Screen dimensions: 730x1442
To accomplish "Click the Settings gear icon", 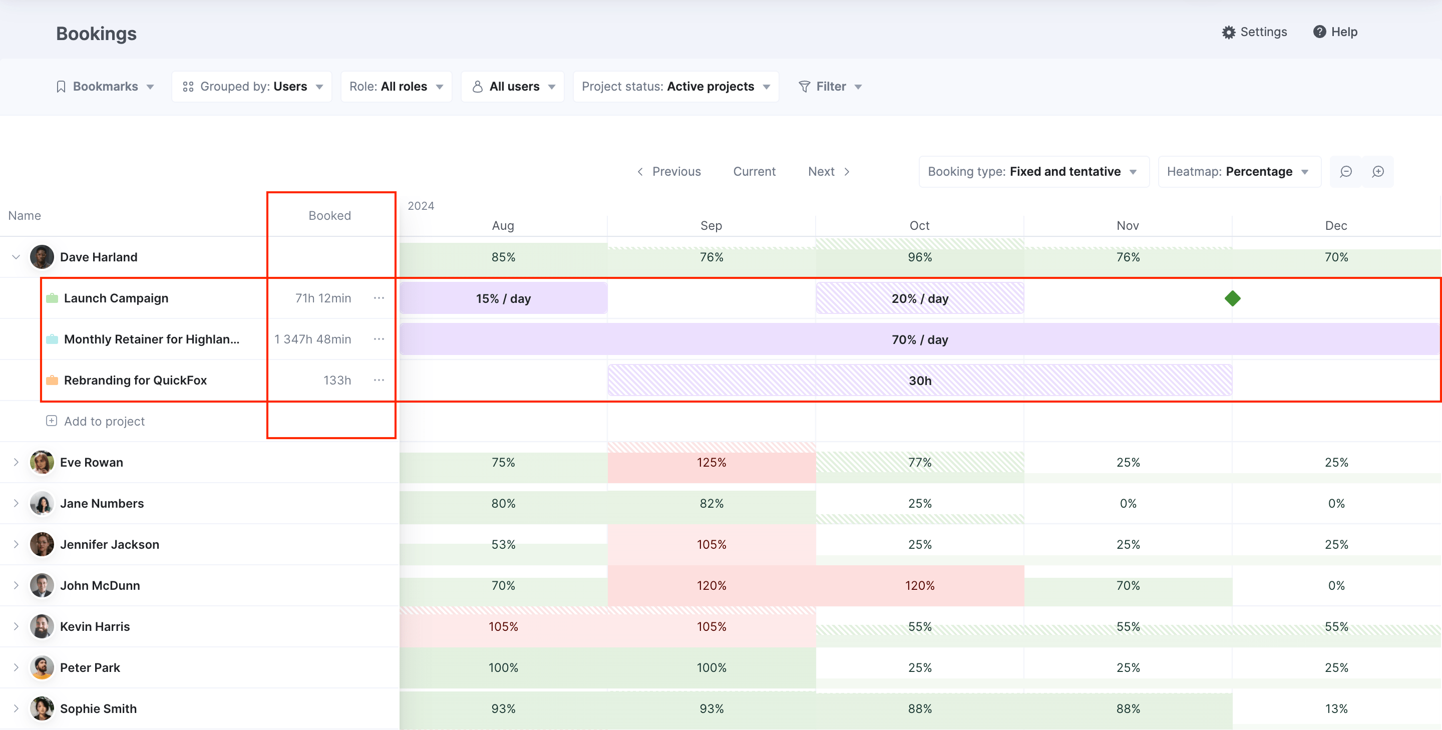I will [x=1228, y=33].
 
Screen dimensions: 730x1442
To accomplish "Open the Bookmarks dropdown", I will [x=105, y=87].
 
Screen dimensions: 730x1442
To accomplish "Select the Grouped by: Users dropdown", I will [x=252, y=87].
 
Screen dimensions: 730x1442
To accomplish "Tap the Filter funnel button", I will [x=830, y=87].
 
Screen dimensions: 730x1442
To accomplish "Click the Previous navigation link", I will [x=669, y=172].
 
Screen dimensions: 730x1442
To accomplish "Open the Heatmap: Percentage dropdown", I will [x=1238, y=172].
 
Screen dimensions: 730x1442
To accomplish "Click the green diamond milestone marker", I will [x=1232, y=298].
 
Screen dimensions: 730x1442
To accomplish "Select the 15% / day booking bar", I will [x=503, y=298].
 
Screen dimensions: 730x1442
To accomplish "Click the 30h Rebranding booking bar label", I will [x=919, y=381].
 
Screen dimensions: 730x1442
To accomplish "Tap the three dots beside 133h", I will [x=379, y=380].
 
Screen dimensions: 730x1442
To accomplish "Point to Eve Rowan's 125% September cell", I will [x=711, y=463].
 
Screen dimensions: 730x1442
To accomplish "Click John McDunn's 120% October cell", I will [x=919, y=586].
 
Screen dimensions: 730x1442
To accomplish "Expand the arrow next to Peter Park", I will [x=16, y=667].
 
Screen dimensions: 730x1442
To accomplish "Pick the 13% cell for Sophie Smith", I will [x=1336, y=709].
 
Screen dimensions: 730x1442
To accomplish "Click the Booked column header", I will [x=330, y=215].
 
